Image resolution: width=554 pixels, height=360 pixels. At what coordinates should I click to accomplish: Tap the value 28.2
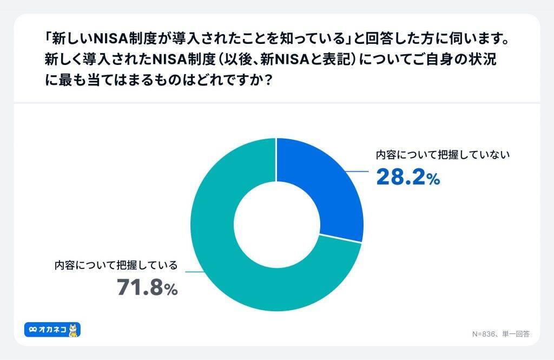click(400, 178)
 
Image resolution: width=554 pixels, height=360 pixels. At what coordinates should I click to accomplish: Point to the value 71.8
click(140, 287)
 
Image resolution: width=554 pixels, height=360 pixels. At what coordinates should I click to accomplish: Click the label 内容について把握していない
click(443, 154)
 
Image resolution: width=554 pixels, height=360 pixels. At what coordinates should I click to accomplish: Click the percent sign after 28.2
click(433, 180)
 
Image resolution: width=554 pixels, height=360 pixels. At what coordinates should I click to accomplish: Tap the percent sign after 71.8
click(172, 290)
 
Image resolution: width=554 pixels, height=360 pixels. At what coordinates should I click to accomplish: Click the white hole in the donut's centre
click(276, 224)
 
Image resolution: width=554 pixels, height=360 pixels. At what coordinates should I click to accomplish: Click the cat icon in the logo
click(74, 330)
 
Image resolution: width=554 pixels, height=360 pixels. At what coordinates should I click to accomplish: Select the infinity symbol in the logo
click(33, 330)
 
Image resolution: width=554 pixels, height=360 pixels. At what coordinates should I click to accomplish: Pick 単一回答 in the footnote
click(516, 334)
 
